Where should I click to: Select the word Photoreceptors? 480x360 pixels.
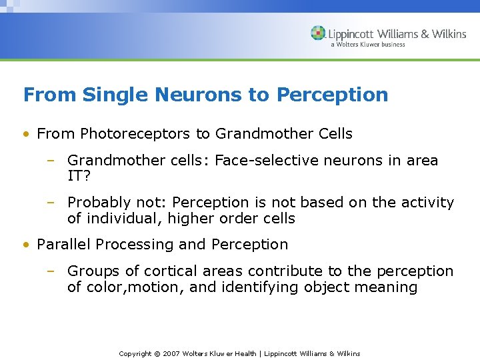135,134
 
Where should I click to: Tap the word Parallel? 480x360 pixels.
64,245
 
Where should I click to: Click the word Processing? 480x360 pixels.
135,245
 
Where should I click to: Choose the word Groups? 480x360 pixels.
91,271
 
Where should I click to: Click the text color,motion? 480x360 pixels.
129,288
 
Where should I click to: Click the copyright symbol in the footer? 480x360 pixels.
158,353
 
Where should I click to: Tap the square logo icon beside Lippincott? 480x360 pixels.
318,33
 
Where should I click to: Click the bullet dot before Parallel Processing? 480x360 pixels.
25,245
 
